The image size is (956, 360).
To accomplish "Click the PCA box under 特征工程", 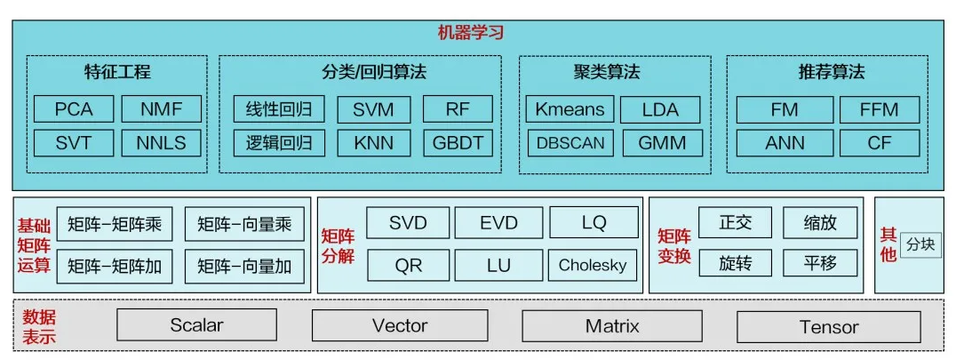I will click(74, 110).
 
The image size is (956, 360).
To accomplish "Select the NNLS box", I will click(161, 143).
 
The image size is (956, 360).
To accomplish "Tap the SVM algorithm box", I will click(373, 110).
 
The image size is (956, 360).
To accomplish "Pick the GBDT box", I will click(457, 143).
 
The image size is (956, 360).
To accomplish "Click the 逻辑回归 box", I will click(279, 143).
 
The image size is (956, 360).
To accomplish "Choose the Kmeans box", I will click(570, 110).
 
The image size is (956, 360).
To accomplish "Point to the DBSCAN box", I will click(570, 143).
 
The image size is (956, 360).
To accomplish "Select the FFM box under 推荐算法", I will click(879, 110).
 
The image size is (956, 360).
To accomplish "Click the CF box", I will click(879, 143).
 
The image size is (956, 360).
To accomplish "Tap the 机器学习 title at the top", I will click(471, 33).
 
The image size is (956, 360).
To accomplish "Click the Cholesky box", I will click(593, 265).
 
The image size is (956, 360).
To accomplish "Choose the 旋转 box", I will click(735, 263).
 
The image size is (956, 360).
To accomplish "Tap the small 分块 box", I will click(920, 244).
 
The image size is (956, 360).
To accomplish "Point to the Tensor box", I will click(829, 327).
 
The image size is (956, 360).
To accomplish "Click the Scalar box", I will click(196, 325).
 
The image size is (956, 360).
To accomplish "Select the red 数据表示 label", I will click(39, 326).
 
